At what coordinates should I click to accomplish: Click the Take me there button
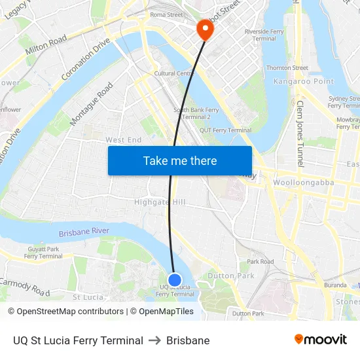(180, 160)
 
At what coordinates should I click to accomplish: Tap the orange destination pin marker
(204, 28)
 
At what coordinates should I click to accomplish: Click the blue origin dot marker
(175, 280)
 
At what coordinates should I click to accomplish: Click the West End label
(124, 140)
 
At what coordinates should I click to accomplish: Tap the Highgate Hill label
(160, 202)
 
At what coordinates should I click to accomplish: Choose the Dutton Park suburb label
(230, 276)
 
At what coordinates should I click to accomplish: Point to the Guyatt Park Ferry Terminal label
(44, 253)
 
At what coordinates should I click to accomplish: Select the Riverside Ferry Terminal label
(264, 35)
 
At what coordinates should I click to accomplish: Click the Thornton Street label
(287, 68)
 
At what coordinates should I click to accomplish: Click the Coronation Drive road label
(86, 59)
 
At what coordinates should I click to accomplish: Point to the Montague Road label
(92, 104)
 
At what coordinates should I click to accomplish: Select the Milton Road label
(46, 45)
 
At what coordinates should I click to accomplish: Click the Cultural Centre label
(173, 74)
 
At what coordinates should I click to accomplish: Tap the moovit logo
(321, 339)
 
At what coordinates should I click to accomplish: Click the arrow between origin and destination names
(154, 341)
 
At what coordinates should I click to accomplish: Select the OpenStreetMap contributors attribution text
(66, 312)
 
